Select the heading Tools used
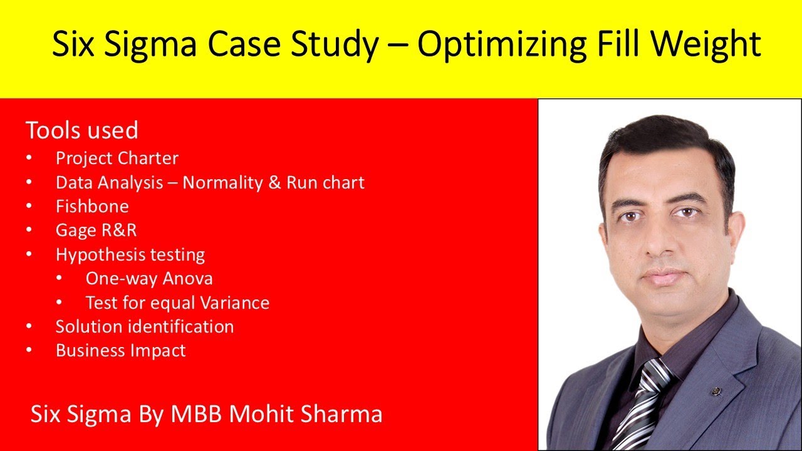pos(81,131)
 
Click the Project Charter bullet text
pos(117,158)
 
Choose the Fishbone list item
pos(92,206)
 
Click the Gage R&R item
pos(96,230)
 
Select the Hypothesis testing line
pos(130,254)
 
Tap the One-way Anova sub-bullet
pos(149,278)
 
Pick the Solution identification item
pos(145,326)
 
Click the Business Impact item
pos(121,350)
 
